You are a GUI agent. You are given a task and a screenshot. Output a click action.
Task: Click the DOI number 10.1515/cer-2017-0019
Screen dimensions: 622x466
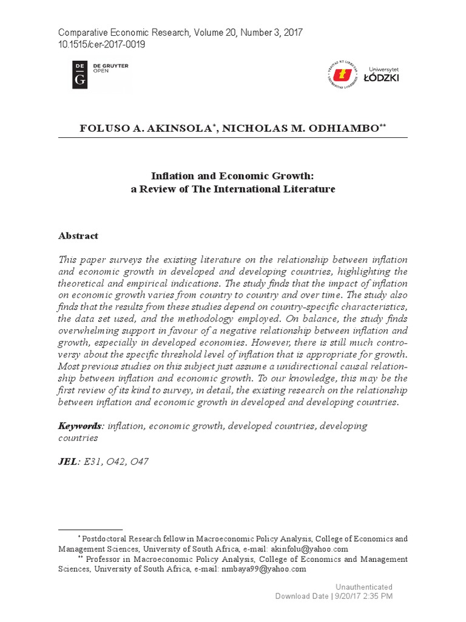point(101,44)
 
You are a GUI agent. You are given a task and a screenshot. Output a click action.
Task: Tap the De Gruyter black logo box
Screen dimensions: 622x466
point(79,74)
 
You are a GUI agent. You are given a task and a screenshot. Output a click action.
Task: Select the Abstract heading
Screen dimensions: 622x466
point(78,236)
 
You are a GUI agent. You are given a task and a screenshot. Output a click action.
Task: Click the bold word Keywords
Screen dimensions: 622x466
point(79,426)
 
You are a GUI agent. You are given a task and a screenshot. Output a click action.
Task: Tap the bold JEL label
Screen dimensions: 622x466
point(67,462)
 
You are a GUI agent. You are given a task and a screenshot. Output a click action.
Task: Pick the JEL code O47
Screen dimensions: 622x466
point(138,462)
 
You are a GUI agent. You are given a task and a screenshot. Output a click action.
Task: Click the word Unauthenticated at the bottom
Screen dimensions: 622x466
point(363,587)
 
